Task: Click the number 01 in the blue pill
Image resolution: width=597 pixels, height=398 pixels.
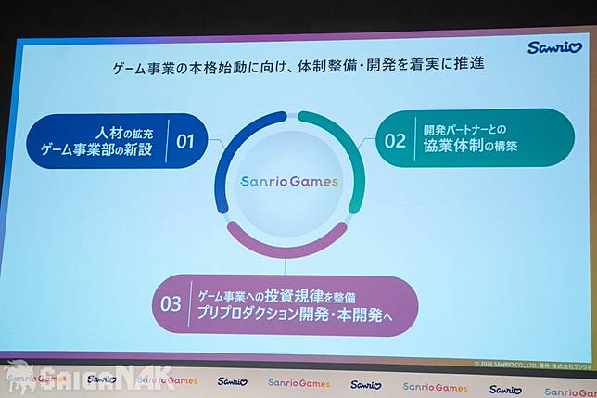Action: pyautogui.click(x=185, y=142)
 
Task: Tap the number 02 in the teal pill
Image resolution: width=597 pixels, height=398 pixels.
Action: pyautogui.click(x=395, y=141)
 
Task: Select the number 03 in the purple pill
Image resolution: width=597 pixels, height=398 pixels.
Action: pyautogui.click(x=171, y=303)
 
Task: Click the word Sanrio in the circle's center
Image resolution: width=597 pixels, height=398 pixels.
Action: pyautogui.click(x=264, y=182)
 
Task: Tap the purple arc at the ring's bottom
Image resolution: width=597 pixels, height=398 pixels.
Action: pyautogui.click(x=286, y=244)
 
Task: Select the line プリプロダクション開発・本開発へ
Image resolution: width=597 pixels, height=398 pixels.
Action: pyautogui.click(x=295, y=315)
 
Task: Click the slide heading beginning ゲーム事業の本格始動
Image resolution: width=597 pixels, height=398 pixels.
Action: pyautogui.click(x=298, y=68)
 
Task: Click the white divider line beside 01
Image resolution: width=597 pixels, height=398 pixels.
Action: pyautogui.click(x=167, y=141)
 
